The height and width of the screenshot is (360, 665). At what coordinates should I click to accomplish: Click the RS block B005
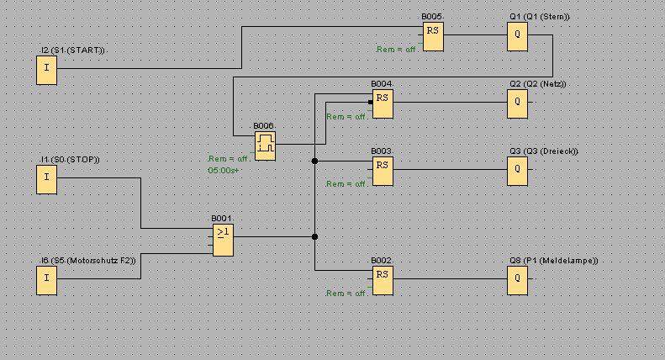tap(433, 37)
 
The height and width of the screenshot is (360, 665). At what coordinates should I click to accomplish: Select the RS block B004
tap(383, 104)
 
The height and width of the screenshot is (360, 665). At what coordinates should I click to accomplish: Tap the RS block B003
tap(383, 171)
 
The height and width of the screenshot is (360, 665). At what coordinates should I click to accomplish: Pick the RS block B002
tap(383, 281)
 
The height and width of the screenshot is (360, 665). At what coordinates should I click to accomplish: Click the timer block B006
tap(265, 144)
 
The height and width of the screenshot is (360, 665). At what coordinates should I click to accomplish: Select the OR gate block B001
tap(223, 239)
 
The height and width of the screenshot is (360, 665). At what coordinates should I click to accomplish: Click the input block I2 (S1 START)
tap(46, 71)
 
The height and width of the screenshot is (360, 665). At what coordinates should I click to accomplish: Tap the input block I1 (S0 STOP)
tap(46, 179)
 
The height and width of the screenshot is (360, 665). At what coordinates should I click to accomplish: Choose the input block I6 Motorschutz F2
tap(46, 281)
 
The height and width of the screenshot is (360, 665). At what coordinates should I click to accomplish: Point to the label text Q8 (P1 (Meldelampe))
tap(553, 261)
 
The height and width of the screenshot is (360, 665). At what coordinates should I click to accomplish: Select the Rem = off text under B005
tap(397, 50)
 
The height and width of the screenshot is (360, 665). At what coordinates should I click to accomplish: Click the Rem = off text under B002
tap(346, 294)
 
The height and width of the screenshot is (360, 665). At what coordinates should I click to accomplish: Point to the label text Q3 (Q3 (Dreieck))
tap(543, 151)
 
